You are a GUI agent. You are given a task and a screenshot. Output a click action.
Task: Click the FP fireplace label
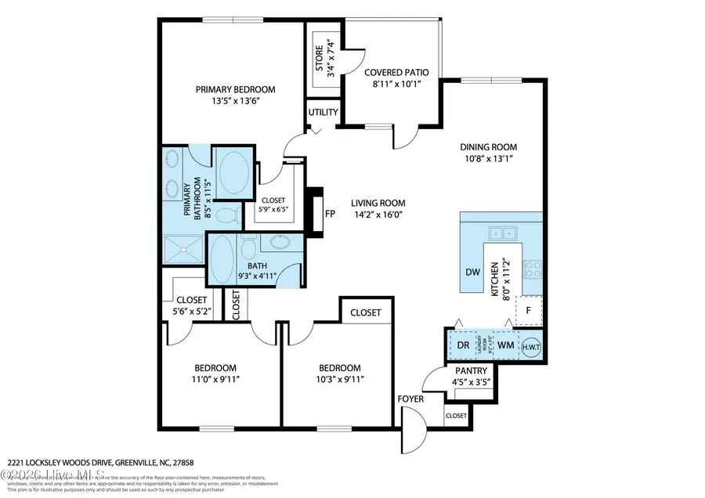(331, 212)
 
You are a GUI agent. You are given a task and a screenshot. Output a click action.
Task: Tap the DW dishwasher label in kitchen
(472, 272)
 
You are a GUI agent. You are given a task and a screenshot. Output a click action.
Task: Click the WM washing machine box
(505, 344)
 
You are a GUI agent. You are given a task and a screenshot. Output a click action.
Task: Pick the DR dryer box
(463, 344)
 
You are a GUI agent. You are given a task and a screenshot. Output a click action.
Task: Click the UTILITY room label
(323, 112)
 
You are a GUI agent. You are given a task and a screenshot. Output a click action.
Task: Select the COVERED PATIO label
(396, 72)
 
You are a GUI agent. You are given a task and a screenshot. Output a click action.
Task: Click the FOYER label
(410, 399)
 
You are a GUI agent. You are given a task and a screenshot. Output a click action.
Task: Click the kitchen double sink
(500, 232)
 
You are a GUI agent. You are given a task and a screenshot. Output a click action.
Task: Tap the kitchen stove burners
(533, 269)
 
